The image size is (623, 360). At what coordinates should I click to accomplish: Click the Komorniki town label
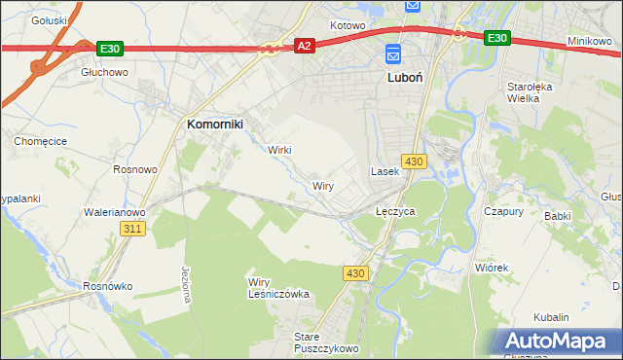coord(215,124)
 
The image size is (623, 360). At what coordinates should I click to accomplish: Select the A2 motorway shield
coord(305,46)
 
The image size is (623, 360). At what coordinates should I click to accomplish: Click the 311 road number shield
coord(133,228)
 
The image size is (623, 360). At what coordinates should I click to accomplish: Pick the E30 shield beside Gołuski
coord(109,48)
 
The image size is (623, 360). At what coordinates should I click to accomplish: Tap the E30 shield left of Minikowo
coord(496,38)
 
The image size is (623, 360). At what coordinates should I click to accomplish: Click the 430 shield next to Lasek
coord(414,161)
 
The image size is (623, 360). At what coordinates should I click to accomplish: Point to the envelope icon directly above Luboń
coord(393,54)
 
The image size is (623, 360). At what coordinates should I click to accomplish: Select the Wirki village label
coord(279,150)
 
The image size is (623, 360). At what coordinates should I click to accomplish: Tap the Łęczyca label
coord(396,210)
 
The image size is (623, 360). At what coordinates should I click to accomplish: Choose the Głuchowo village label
coord(105,72)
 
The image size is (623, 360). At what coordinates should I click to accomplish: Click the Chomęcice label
coord(39,141)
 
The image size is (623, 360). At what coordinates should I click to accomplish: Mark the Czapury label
coord(504,210)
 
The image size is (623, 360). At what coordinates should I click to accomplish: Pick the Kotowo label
coord(347,25)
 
